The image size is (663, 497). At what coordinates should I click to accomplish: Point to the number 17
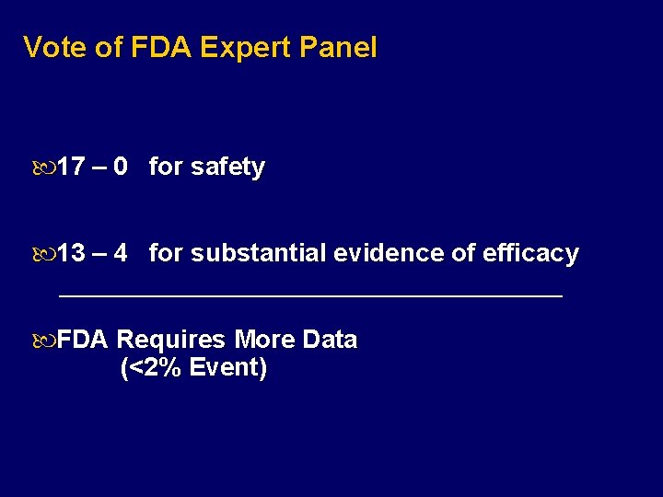click(x=72, y=168)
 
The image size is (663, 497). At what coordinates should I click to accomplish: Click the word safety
click(x=227, y=168)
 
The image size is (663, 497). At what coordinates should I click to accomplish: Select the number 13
click(x=72, y=253)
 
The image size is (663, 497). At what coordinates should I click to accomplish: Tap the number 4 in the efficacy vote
click(x=120, y=253)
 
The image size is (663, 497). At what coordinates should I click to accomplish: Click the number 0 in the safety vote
click(x=120, y=168)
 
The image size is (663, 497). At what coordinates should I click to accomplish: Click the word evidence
click(x=389, y=253)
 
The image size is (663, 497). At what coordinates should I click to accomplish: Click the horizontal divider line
click(x=309, y=296)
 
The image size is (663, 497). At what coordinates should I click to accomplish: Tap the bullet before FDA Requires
click(x=44, y=341)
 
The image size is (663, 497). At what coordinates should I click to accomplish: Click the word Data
click(x=329, y=341)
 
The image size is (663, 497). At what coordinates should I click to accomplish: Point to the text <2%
click(x=155, y=369)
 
